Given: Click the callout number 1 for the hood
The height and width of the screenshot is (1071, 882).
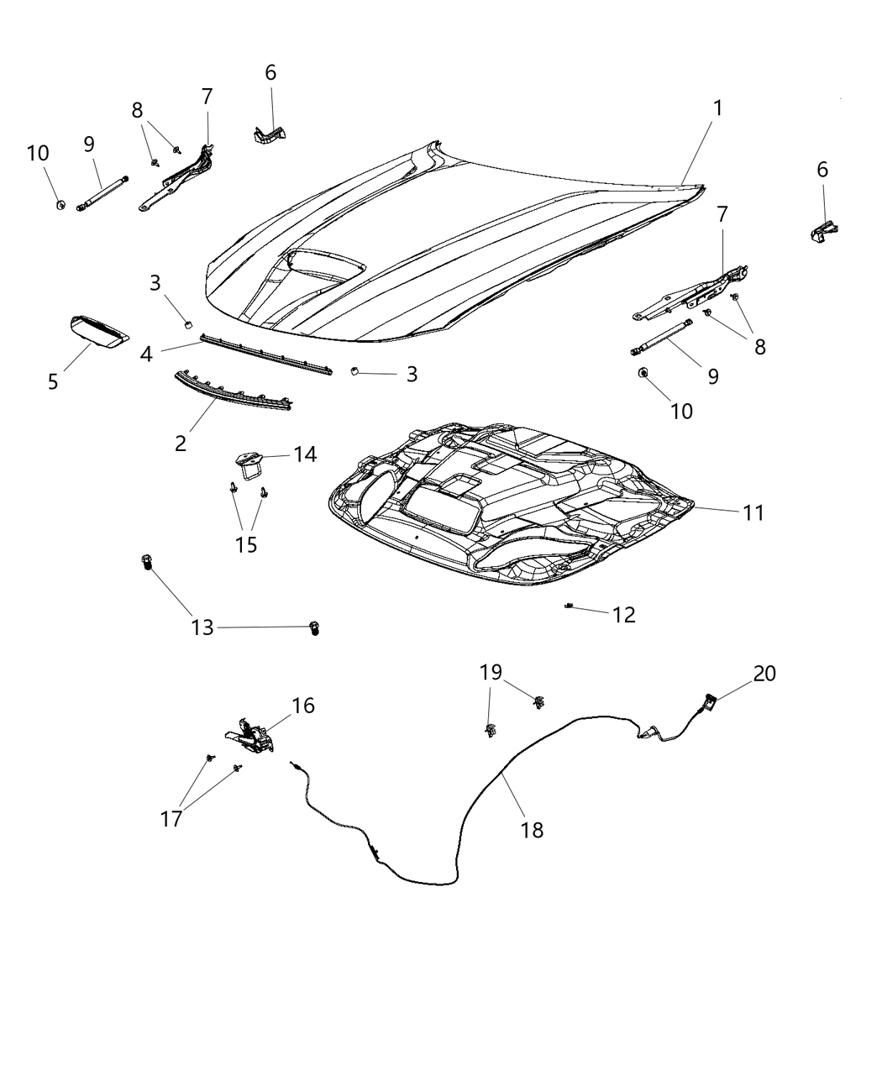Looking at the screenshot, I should point(717,108).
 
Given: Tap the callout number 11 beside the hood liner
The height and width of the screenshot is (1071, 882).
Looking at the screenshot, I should point(753,512).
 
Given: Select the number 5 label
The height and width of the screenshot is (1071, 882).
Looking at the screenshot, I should point(53,382).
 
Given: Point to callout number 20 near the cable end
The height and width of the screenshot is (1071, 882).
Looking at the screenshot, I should point(764,673).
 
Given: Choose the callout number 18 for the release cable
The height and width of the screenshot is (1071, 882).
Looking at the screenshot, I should point(533,830).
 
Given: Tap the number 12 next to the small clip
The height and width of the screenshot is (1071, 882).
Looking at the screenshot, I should point(623,614).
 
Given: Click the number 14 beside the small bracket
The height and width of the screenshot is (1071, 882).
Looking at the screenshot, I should point(305,454).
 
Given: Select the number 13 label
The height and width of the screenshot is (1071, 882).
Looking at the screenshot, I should point(202,627).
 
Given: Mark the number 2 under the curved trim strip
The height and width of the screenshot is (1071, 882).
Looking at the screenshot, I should point(181,443).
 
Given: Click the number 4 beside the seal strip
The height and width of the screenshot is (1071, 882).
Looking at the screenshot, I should point(146,354).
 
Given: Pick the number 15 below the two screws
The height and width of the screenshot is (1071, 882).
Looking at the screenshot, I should point(246,544).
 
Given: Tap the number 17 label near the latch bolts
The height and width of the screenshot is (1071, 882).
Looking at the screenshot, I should point(171,818).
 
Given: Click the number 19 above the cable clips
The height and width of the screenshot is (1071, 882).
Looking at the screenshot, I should point(491,672).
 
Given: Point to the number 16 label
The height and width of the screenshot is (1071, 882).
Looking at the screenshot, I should point(303,706).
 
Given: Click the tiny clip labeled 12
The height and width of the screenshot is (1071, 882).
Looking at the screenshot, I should point(570,606).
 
